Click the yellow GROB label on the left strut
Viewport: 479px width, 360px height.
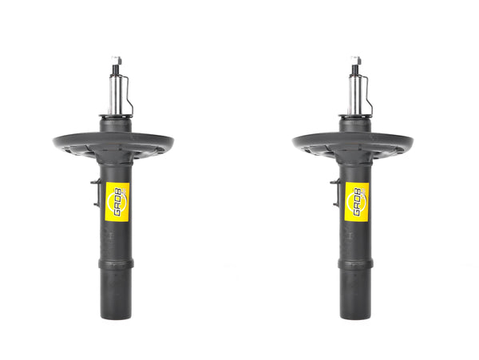pyautogui.click(x=117, y=200)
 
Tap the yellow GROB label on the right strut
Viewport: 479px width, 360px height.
pyautogui.click(x=356, y=200)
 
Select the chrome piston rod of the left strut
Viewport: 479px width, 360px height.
pyautogui.click(x=116, y=93)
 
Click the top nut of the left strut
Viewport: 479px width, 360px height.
pyautogui.click(x=116, y=60)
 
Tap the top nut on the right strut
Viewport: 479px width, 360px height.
pyautogui.click(x=355, y=60)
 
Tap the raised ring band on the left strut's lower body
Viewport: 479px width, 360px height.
pyautogui.click(x=115, y=264)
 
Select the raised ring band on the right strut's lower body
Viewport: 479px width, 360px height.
pyautogui.click(x=354, y=264)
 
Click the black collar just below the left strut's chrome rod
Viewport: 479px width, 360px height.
pyautogui.click(x=116, y=125)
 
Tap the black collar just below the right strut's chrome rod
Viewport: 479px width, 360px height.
pyautogui.click(x=355, y=125)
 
